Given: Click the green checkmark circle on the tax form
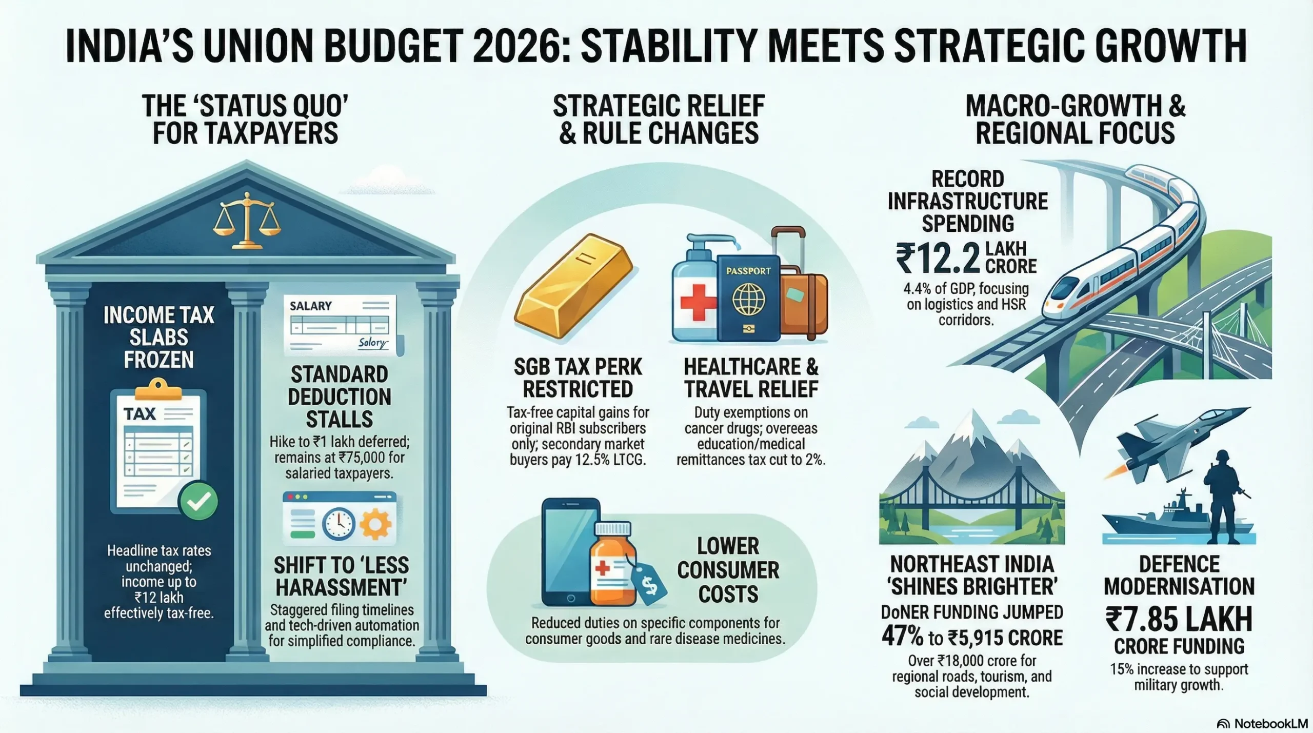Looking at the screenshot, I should coord(198,501).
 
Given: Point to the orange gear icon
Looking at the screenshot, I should coord(375,524).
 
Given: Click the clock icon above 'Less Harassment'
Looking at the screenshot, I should coord(339,524).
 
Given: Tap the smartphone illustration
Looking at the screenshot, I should coord(570,551).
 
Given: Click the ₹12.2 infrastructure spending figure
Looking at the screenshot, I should coord(938,260).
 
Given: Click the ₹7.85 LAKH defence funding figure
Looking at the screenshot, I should coord(1179,619).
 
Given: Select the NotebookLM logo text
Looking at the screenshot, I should coord(1270,723).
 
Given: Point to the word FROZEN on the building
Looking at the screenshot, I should coord(159,360).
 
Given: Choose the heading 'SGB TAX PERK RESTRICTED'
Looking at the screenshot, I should coord(578,378).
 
